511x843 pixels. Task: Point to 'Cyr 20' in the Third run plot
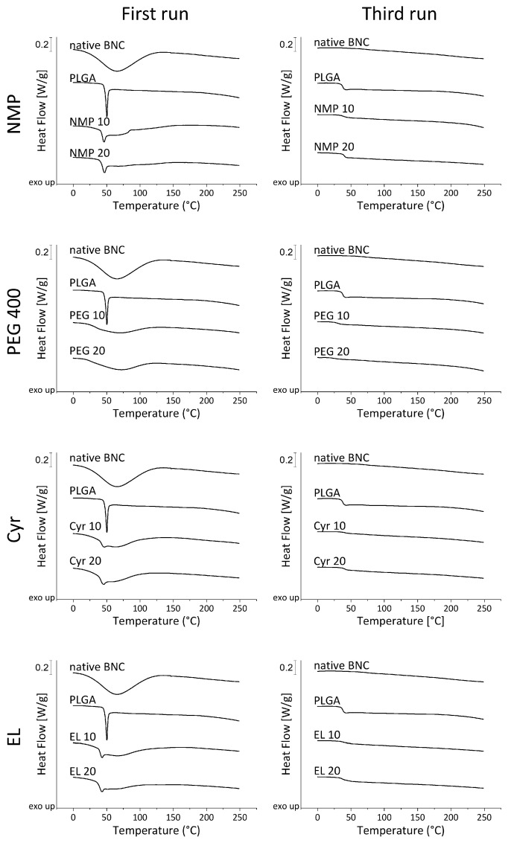click(x=332, y=560)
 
